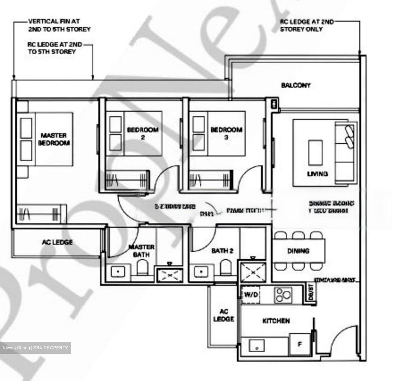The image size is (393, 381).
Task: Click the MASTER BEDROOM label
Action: tap(53, 139)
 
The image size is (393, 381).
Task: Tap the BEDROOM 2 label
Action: tap(142, 133)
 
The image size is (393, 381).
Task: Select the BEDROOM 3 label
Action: tap(226, 133)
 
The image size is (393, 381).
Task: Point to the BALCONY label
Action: tap(296, 85)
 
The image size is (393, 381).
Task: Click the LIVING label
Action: tap(317, 174)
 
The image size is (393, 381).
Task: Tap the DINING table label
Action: tap(298, 251)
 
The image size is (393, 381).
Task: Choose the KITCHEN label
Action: tap(276, 321)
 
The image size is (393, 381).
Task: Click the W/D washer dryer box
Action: tap(251, 294)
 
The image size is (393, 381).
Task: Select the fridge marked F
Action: tap(300, 344)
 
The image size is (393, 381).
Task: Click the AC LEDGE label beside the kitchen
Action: tap(224, 315)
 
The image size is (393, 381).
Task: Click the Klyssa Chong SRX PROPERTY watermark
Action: tap(35, 348)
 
